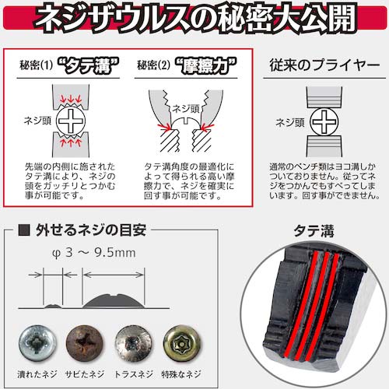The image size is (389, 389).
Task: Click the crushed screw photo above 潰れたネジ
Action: [x=37, y=343]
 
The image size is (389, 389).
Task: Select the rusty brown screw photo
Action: [x=85, y=343]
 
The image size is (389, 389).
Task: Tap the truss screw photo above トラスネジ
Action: [x=134, y=343]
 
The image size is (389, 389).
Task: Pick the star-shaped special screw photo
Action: [x=182, y=343]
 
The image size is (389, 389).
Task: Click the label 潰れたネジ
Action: [x=37, y=374]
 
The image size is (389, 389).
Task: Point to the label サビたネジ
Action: [x=85, y=374]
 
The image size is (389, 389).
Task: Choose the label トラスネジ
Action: [x=134, y=374]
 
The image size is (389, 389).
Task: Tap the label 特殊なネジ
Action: [x=181, y=374]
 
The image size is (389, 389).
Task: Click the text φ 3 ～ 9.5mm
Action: [x=94, y=253]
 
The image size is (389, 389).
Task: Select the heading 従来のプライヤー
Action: [x=324, y=65]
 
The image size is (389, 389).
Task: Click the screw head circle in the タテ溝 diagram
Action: [x=71, y=121]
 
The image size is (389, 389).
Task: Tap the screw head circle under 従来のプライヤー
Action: [x=324, y=121]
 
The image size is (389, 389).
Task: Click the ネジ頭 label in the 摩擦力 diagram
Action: [x=186, y=109]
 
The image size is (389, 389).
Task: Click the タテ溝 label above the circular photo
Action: [x=314, y=231]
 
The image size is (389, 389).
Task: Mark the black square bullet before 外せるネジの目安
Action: [x=24, y=230]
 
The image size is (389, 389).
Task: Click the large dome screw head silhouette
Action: [x=114, y=301]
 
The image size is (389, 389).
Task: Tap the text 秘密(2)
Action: [x=153, y=65]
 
